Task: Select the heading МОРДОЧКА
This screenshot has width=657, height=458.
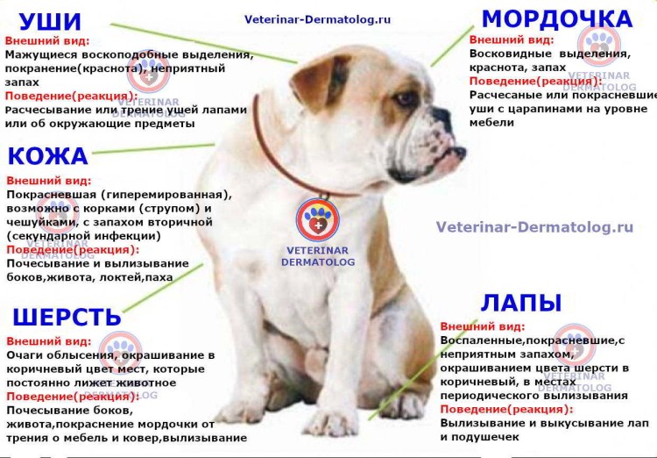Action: click(x=557, y=19)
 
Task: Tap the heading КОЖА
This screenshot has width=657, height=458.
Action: click(x=47, y=156)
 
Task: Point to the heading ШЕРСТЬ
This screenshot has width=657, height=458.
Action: click(x=67, y=318)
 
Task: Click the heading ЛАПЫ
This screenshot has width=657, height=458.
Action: click(x=520, y=304)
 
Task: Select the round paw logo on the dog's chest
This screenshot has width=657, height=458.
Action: click(x=317, y=219)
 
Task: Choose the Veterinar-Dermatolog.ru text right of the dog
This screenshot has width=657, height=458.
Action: click(x=534, y=227)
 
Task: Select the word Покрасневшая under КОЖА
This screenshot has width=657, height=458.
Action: click(x=52, y=195)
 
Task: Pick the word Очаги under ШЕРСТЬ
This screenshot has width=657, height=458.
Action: click(x=25, y=354)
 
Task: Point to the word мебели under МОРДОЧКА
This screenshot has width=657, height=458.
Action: click(x=491, y=122)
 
